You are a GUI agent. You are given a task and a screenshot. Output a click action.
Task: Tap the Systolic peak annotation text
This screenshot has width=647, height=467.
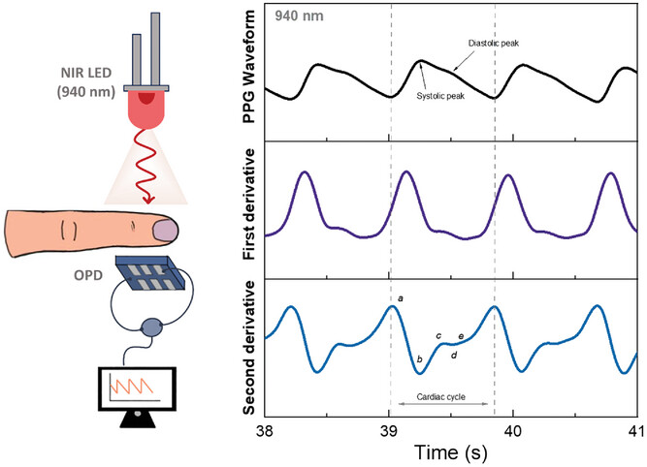(x=440, y=95)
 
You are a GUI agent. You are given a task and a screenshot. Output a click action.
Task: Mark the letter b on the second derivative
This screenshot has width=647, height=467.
(x=419, y=359)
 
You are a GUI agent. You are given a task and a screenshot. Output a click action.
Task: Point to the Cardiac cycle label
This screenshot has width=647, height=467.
(x=441, y=397)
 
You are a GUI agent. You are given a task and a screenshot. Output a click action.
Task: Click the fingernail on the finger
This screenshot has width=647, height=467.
(x=167, y=230)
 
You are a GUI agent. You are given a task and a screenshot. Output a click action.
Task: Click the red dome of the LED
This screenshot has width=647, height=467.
(x=146, y=97)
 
